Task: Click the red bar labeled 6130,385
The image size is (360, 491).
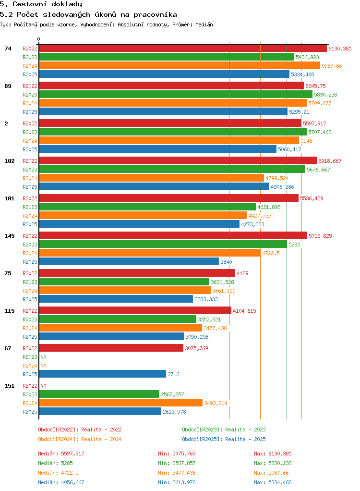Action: [183, 48]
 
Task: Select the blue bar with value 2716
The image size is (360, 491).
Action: [103, 374]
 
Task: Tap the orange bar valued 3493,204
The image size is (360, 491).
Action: [121, 403]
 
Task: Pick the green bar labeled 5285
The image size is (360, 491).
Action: [163, 244]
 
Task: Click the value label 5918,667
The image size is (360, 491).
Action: [330, 161]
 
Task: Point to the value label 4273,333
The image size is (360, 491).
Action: [252, 224]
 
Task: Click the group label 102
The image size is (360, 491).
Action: [10, 161]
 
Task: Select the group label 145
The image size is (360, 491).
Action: [10, 236]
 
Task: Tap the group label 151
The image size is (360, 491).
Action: [10, 386]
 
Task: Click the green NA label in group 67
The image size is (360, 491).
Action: [43, 357]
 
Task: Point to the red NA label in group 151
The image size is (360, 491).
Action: [43, 386]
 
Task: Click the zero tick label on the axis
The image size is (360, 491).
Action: [39, 39]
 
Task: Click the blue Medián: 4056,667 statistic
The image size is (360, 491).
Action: [61, 482]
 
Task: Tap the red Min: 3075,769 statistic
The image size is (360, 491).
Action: [177, 454]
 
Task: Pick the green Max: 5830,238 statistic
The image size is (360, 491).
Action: [273, 463]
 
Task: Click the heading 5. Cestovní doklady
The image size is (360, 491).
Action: [41, 4]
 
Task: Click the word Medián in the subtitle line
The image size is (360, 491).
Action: [204, 25]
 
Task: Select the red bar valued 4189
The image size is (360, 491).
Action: [137, 273]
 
